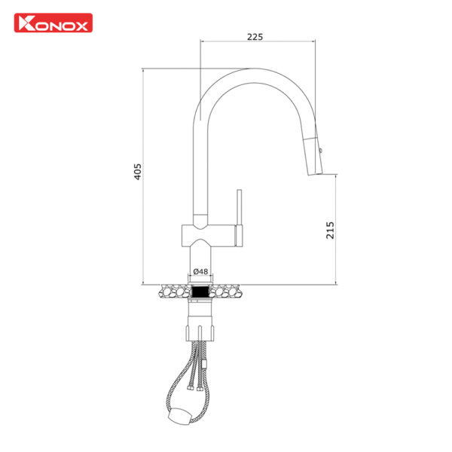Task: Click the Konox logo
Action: point(53,23)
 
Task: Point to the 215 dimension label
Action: point(330,230)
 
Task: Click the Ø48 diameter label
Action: point(200,271)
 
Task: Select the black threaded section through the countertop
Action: point(200,290)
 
